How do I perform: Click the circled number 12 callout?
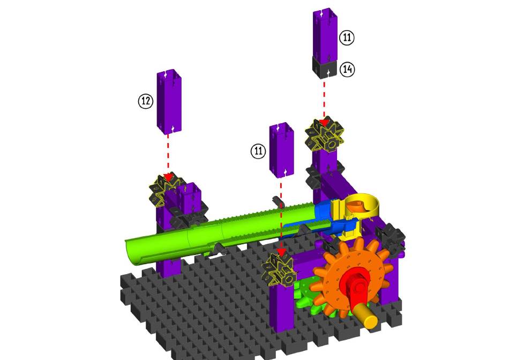[x=146, y=101]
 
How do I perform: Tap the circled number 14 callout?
[x=347, y=69]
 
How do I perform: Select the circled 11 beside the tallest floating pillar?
[x=347, y=37]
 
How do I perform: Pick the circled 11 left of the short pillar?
[x=258, y=151]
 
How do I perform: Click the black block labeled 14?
[x=325, y=67]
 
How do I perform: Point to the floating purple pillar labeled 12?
[x=169, y=102]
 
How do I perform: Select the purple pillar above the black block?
[x=325, y=34]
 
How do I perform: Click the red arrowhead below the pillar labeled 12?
[x=168, y=177]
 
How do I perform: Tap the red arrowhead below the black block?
[x=324, y=123]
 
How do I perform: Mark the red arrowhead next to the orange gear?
[x=281, y=252]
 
